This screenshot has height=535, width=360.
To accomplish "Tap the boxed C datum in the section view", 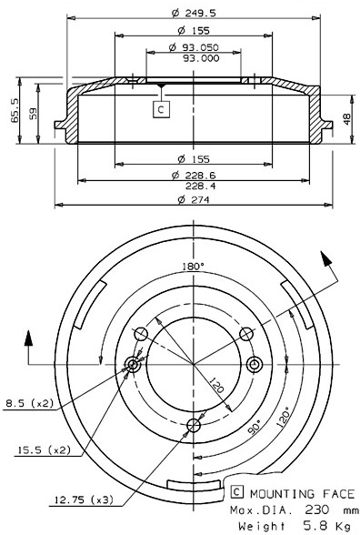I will tap(161, 109).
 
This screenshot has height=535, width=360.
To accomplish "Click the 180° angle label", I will tap(193, 267).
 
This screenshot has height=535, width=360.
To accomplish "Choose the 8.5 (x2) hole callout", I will tap(29, 401).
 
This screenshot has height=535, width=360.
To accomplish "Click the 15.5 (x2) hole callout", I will tap(42, 449).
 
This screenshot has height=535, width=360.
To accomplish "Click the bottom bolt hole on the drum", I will tap(193, 425).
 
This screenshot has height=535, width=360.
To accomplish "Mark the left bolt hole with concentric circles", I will tap(133, 365).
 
